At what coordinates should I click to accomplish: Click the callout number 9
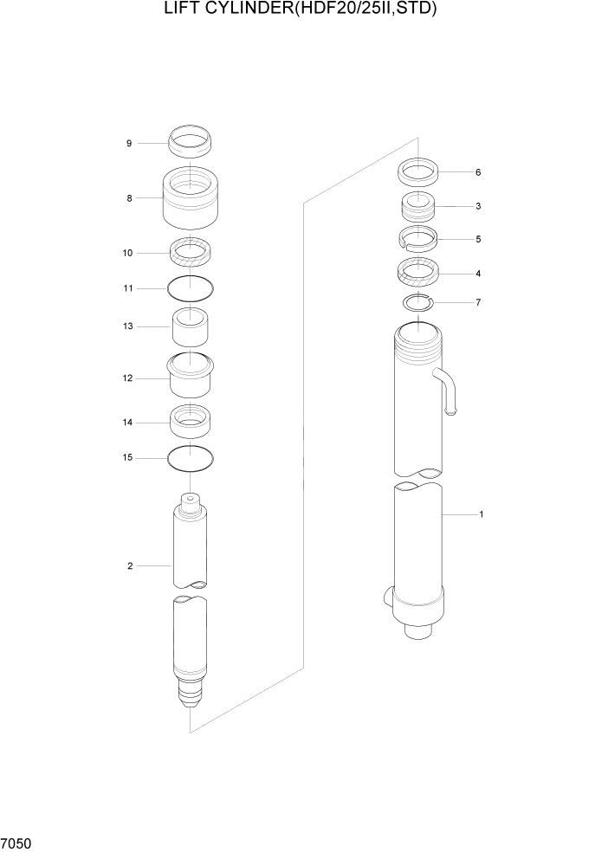[129, 143]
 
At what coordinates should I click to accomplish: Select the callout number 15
[129, 457]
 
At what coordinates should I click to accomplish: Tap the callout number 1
[482, 514]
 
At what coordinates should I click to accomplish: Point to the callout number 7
[478, 302]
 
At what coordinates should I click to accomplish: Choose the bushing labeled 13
[191, 327]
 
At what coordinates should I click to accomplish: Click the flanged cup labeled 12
[191, 374]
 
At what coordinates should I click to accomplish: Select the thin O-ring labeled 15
[191, 457]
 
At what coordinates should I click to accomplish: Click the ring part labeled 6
[417, 171]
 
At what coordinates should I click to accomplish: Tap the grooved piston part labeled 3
[417, 208]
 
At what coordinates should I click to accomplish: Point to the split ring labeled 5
[417, 238]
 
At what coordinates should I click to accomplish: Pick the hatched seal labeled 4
[418, 274]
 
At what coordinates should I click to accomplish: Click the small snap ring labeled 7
[417, 302]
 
